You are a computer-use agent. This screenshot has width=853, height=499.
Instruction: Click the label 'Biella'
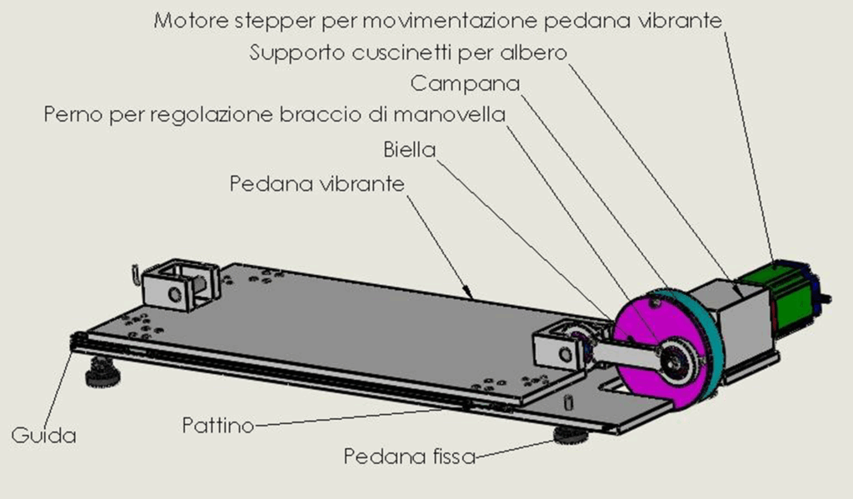410,150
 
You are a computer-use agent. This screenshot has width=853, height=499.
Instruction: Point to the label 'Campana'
465,84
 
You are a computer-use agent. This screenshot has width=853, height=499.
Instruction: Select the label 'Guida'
43,436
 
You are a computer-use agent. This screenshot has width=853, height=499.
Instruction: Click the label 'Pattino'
218,425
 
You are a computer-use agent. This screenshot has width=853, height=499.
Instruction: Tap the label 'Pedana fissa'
410,456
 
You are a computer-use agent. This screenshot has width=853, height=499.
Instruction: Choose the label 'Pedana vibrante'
317,184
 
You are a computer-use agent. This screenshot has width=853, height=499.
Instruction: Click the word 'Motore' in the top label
191,21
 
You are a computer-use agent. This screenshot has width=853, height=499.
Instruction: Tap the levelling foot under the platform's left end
102,373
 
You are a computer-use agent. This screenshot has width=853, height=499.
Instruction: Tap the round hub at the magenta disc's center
677,360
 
